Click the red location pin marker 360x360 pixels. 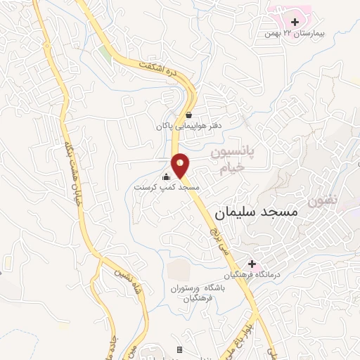(181, 165)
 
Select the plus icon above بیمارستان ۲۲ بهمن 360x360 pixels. (294, 22)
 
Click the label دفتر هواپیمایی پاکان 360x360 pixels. (189, 127)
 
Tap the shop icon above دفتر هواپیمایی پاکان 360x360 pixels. (188, 115)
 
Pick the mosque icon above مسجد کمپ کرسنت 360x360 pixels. (167, 176)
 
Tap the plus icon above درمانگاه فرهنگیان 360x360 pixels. (252, 264)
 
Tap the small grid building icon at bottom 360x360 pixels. (179, 349)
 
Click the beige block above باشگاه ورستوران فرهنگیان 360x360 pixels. (180, 269)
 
